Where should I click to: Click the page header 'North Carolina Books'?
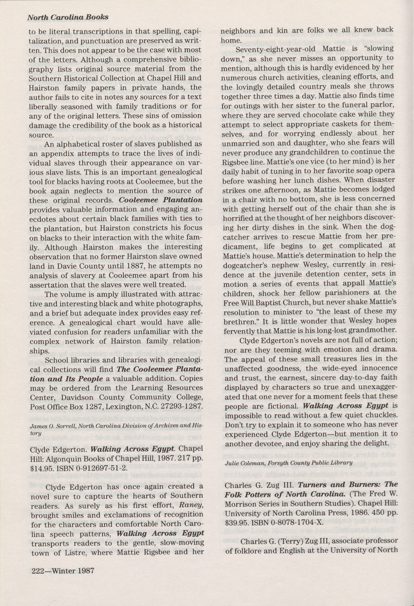(68, 17)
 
